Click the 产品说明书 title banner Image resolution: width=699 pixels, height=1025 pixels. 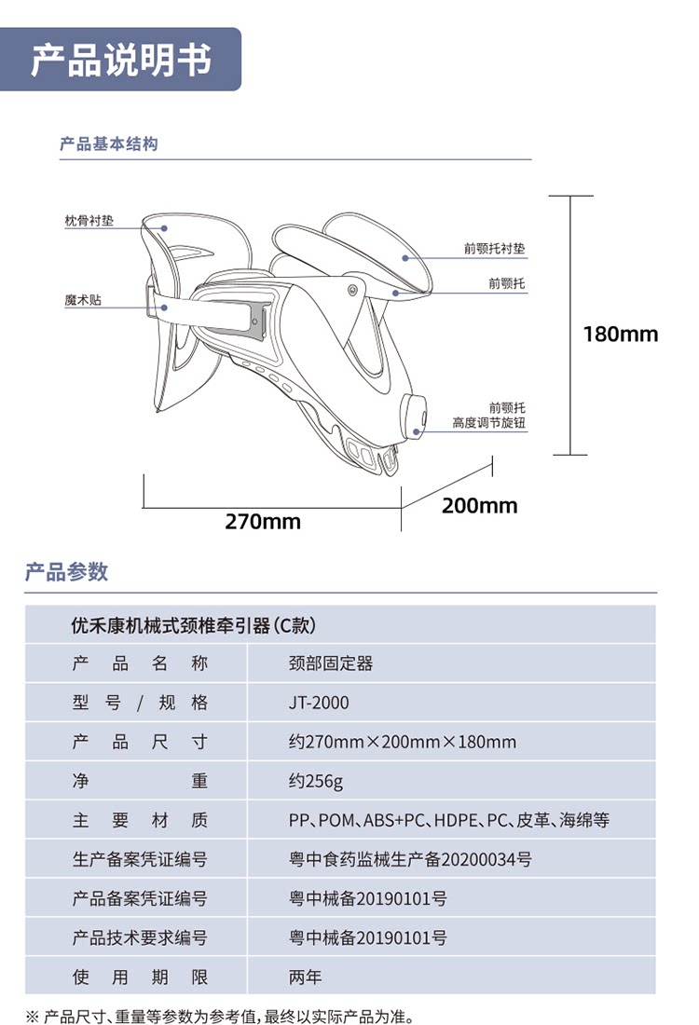pos(121,60)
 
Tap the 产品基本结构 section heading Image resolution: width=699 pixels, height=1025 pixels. pos(108,144)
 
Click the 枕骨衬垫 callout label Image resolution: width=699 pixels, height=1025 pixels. pos(89,222)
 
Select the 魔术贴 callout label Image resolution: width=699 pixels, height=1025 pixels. pos(83,302)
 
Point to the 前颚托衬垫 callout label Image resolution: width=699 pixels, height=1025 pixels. pos(494,249)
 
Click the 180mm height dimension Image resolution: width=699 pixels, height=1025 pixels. pos(620,334)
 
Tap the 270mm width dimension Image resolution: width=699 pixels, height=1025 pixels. pos(263,522)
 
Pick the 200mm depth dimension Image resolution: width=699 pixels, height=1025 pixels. pos(479,506)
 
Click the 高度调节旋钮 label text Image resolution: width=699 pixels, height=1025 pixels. pos(488,423)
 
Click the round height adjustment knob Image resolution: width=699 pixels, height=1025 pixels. pos(417,417)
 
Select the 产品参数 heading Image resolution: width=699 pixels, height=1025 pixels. pos(66,572)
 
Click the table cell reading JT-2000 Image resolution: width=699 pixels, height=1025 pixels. pos(319,703)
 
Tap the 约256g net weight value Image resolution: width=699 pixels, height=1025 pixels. pos(316,781)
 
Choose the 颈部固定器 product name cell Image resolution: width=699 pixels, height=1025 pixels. pos(331,663)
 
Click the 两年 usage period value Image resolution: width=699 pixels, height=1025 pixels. pos(305,977)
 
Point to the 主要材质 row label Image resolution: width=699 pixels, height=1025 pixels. pos(140,820)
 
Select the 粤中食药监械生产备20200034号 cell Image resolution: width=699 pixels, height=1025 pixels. pos(410,859)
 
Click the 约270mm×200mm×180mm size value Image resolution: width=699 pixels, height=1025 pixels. pos(402,742)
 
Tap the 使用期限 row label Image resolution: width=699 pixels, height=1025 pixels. pos(140,977)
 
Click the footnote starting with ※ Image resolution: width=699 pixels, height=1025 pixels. pos(218,1016)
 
